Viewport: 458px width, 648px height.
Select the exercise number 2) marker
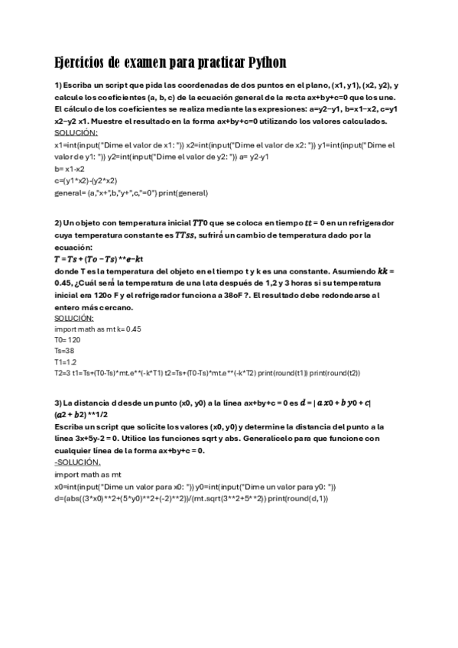click(58, 222)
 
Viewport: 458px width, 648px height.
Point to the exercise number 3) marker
click(58, 403)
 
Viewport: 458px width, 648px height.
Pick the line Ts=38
click(65, 350)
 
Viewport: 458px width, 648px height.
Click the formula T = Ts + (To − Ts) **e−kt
click(99, 259)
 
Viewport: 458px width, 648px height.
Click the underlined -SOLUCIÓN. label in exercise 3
click(78, 462)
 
